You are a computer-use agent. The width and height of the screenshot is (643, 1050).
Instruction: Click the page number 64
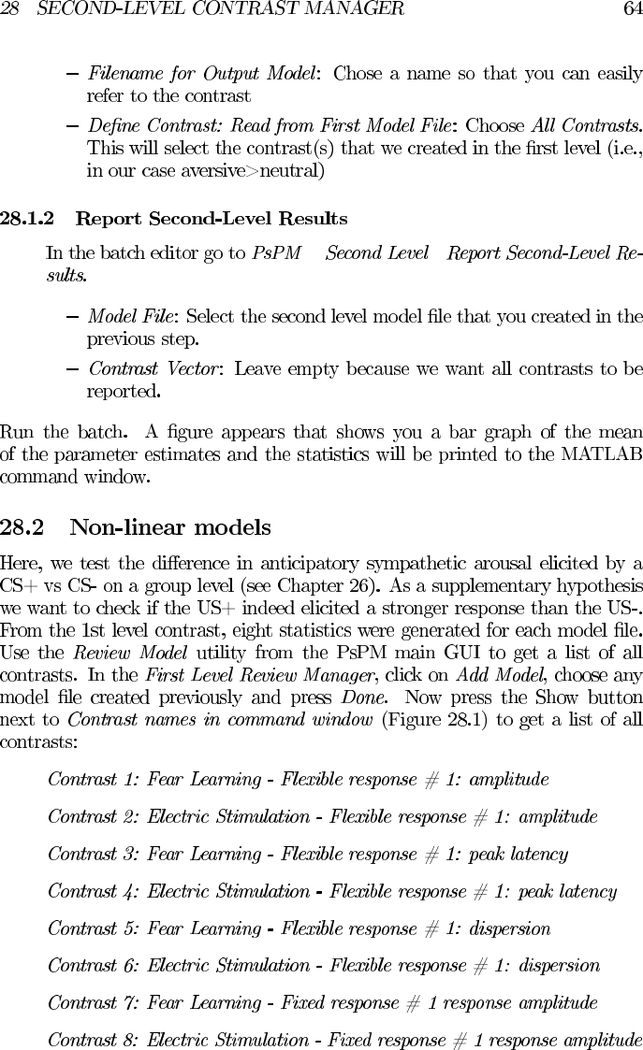[632, 9]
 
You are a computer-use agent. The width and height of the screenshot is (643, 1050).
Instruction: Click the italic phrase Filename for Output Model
[200, 74]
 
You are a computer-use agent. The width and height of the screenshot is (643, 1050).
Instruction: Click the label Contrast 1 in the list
[91, 779]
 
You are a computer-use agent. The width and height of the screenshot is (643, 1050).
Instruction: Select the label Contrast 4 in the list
[93, 891]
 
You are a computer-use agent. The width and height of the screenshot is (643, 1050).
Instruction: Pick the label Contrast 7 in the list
[93, 1003]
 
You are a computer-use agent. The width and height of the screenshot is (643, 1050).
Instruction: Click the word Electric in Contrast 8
[178, 1040]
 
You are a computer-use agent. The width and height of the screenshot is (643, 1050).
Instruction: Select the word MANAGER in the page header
[356, 9]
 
